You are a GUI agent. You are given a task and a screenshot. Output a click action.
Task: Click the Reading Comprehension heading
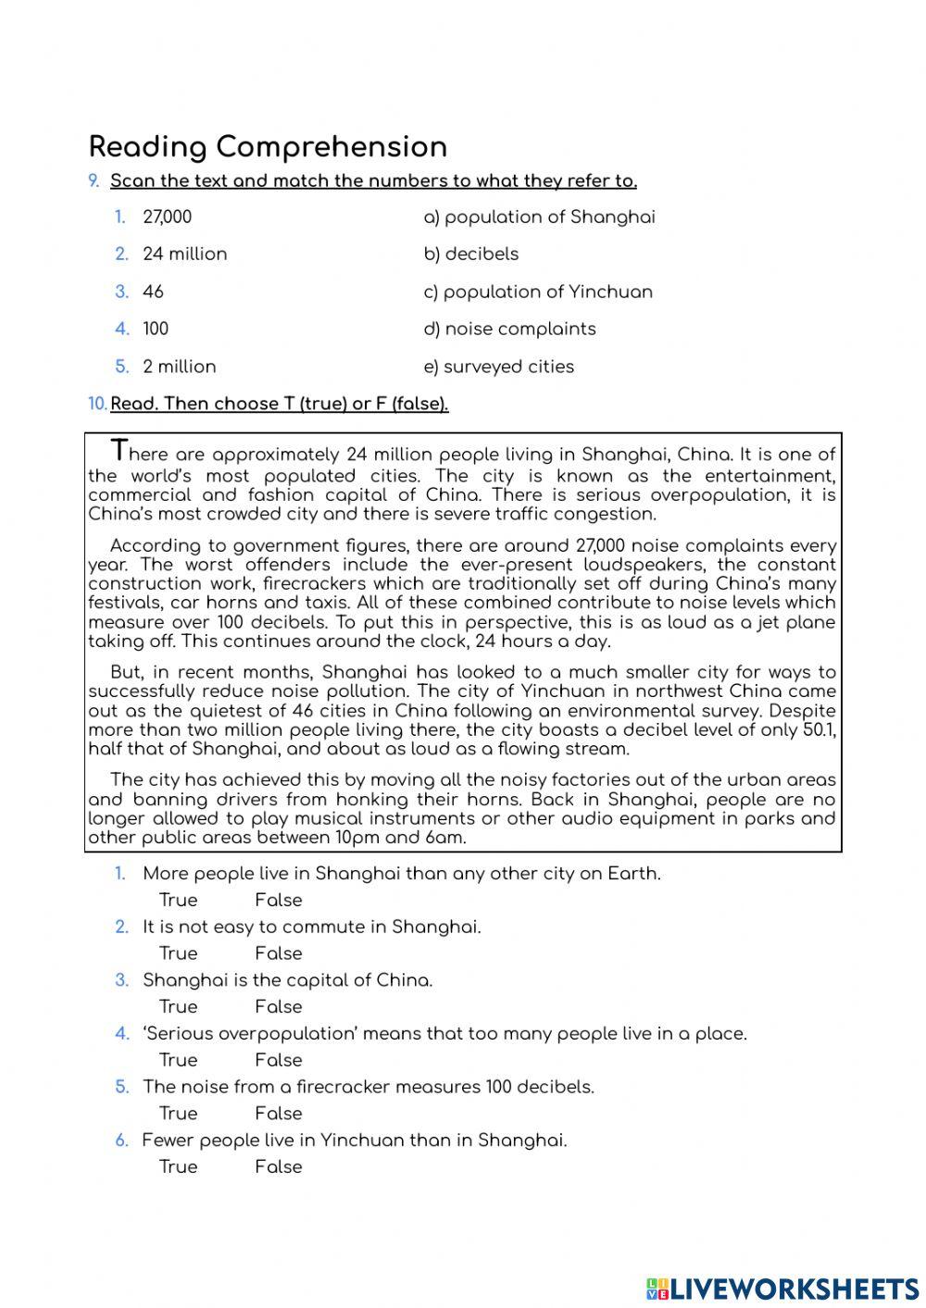[268, 146]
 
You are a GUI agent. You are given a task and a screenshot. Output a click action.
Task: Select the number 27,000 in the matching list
[167, 218]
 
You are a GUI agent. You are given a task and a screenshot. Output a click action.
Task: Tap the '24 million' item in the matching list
[184, 255]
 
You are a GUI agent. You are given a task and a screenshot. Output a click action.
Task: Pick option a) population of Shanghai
[539, 218]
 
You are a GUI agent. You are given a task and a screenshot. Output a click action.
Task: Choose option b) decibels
[470, 255]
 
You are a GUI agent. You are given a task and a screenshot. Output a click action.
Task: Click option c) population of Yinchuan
[538, 293]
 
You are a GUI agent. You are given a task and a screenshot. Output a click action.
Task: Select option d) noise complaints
[509, 330]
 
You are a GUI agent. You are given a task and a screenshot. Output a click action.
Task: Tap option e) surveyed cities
[498, 367]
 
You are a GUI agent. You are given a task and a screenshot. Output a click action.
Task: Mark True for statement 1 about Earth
[178, 900]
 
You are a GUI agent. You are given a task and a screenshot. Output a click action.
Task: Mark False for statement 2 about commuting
[278, 953]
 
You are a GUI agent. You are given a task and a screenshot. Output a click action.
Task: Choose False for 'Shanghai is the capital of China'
[278, 1007]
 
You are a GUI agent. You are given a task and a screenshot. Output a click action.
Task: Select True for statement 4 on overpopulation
[178, 1060]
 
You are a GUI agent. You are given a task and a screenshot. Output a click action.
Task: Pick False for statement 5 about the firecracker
[278, 1114]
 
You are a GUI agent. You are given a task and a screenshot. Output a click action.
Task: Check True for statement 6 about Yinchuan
[178, 1167]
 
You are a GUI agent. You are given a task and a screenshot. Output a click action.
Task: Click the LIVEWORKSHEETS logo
[782, 1288]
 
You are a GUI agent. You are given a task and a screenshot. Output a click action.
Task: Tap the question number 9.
[94, 181]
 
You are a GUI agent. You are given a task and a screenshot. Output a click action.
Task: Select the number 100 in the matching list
[156, 330]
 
